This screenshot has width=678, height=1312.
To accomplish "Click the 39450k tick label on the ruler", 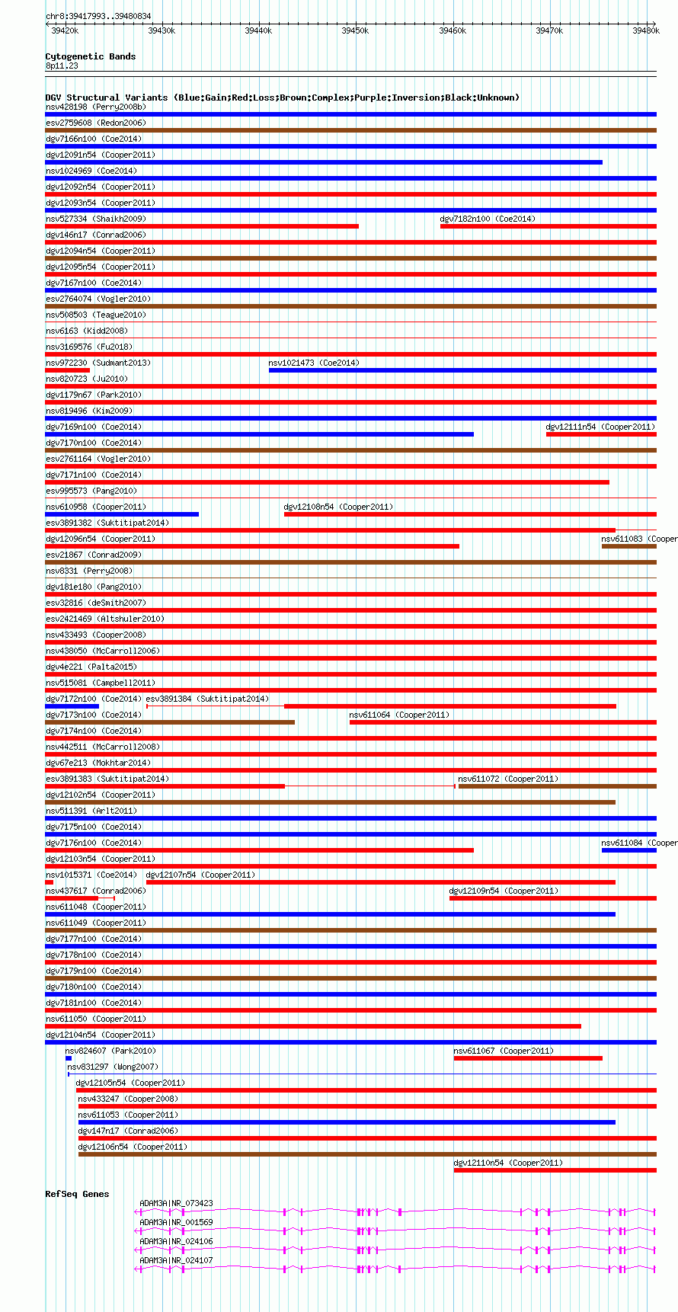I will coord(354,30).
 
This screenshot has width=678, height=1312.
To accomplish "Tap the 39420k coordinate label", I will coord(64,30).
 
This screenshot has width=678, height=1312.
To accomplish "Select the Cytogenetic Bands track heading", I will coord(90,56).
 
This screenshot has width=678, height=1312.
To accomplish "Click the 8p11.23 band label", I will coord(62,66).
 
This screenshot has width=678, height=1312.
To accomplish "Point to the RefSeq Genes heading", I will coord(77,1194).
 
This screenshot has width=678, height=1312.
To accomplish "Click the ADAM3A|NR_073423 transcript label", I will coord(176,1204).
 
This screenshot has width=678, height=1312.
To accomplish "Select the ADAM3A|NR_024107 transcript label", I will coord(176,1261).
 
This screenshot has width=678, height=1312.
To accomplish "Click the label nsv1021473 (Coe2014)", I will coord(314,363).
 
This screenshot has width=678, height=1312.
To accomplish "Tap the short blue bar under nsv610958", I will coord(122,514).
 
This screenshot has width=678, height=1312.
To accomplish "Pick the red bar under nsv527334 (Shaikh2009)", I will coord(202,226).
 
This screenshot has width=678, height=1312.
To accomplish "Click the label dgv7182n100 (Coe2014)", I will coord(488,219).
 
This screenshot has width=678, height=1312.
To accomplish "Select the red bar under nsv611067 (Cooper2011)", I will coord(528,1058).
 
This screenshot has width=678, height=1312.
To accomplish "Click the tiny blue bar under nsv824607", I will coord(69,1058).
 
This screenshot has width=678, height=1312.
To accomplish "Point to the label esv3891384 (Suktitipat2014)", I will coord(207,699).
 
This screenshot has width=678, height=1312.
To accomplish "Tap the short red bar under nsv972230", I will coord(68,370).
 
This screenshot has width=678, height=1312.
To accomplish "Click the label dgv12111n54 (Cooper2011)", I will coord(600,427).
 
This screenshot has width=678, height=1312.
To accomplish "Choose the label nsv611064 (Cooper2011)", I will coord(399,715).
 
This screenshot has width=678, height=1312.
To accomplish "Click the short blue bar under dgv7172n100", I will coord(72,706).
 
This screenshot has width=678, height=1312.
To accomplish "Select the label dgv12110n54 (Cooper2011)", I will coord(508,1163).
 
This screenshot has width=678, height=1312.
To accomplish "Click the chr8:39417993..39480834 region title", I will coord(98,16).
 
